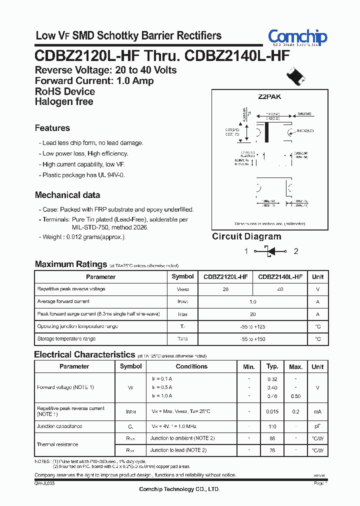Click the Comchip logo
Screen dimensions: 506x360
click(297, 37)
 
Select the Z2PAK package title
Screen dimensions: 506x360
click(270, 99)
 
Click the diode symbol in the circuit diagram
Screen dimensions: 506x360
click(270, 251)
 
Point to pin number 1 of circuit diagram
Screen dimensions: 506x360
click(246, 251)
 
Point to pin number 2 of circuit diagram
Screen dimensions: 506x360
click(295, 251)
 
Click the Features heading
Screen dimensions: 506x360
click(52, 128)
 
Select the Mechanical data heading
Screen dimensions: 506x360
click(67, 195)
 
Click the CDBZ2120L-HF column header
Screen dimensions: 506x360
click(225, 276)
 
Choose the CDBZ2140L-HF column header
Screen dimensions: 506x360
click(280, 276)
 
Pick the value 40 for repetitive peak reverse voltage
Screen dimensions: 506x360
click(280, 289)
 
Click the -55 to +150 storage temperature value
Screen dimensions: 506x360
click(252, 339)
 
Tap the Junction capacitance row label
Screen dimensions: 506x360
click(59, 426)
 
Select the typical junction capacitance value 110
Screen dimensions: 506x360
click(272, 426)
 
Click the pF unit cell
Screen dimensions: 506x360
click(317, 426)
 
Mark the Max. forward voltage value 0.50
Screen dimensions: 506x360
click(296, 396)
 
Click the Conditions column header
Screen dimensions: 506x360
click(191, 366)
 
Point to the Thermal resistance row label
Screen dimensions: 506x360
click(57, 444)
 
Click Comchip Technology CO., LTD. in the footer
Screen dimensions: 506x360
click(179, 489)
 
